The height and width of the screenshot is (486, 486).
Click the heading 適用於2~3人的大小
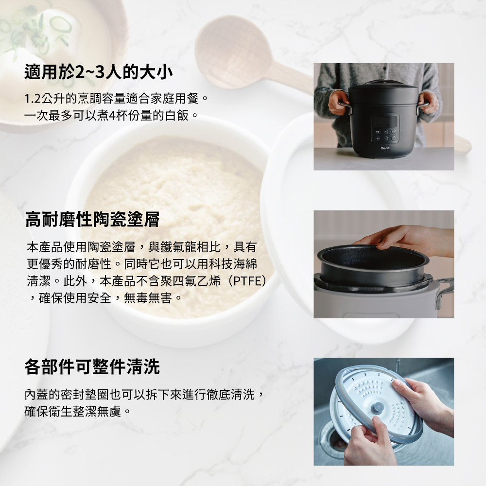pyautogui.click(x=99, y=72)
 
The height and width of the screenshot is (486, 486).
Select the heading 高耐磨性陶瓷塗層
pyautogui.click(x=92, y=220)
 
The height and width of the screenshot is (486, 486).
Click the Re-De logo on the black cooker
pyautogui.click(x=385, y=148)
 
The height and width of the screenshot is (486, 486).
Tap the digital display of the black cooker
pyautogui.click(x=385, y=121)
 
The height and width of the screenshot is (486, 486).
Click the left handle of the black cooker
pyautogui.click(x=345, y=107)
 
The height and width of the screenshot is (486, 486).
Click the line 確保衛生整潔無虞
pyautogui.click(x=77, y=412)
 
